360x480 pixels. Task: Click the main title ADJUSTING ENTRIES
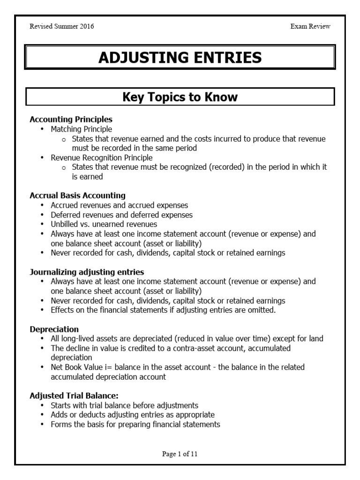tap(180, 58)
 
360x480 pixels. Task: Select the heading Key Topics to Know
tap(180, 97)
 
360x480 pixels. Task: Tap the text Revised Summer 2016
tap(62, 26)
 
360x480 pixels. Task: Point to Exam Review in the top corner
tap(310, 26)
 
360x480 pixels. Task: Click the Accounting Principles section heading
tap(71, 120)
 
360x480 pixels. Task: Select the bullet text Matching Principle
tap(82, 129)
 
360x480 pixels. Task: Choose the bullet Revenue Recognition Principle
tap(102, 157)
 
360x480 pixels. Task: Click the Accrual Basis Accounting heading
tap(77, 195)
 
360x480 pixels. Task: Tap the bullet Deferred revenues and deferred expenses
tap(121, 215)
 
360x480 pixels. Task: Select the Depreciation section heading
tap(54, 329)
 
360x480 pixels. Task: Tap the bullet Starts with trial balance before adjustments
tap(124, 405)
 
